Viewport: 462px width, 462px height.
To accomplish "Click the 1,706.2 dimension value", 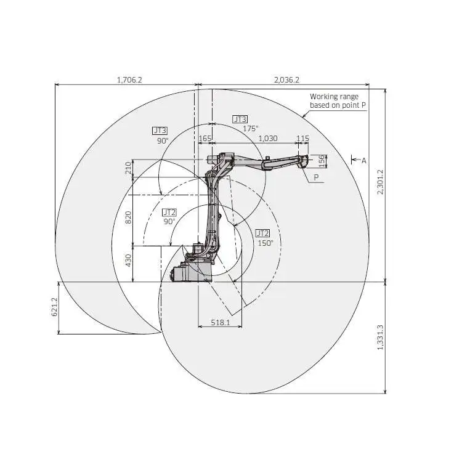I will coord(129,79).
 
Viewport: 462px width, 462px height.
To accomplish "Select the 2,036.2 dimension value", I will coord(286,79).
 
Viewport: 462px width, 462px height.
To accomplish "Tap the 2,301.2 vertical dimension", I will coord(379,182).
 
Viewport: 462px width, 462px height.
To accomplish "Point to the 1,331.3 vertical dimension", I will coord(379,338).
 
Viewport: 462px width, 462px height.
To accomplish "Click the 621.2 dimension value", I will coord(54,307).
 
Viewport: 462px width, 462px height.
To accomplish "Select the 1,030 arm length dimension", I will coord(268,139).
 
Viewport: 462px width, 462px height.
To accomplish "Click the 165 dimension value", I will coord(205,139).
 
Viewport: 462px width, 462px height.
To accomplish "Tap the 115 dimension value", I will coord(302,139).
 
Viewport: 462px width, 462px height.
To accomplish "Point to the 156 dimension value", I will coord(322,160).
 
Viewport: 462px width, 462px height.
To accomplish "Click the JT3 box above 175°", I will coord(240,119).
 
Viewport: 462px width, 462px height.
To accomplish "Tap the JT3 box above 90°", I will coord(160,131).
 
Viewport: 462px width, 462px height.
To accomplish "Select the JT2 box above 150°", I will coord(262,233).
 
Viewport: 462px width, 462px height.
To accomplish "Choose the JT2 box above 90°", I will coord(169,212).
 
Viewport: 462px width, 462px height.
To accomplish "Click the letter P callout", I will coord(317,177).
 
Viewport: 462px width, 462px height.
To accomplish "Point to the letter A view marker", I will coord(363,160).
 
